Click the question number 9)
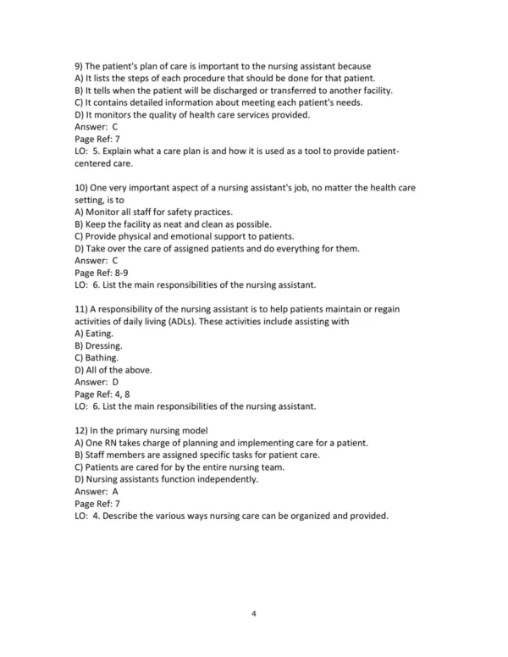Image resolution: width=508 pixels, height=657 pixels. (80, 66)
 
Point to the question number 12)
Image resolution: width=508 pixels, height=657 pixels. (83, 430)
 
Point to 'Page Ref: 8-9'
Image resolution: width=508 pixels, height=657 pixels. (104, 273)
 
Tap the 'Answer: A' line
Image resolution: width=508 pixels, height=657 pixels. (97, 491)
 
